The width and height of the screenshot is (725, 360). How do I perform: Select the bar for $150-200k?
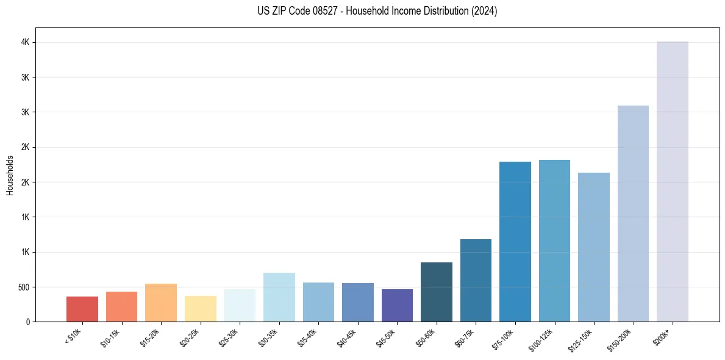click(x=633, y=214)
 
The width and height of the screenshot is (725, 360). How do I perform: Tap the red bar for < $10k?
click(x=82, y=309)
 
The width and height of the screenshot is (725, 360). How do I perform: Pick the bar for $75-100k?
click(x=515, y=242)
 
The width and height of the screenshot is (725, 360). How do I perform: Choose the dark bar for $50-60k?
click(x=436, y=292)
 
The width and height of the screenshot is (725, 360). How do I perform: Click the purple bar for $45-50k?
click(x=397, y=305)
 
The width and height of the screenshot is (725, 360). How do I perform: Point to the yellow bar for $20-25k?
click(x=200, y=309)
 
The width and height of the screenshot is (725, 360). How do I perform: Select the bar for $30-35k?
click(x=279, y=297)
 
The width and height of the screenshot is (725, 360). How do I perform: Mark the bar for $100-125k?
click(x=554, y=240)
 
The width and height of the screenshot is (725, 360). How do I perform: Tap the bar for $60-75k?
click(x=476, y=280)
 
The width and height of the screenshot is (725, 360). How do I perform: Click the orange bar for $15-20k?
click(x=161, y=303)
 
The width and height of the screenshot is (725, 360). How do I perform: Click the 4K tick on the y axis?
click(x=25, y=43)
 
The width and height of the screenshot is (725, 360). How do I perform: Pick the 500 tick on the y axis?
click(x=23, y=287)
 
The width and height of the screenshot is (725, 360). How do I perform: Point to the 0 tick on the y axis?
click(x=28, y=322)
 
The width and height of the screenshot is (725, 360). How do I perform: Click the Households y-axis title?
click(x=10, y=175)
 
